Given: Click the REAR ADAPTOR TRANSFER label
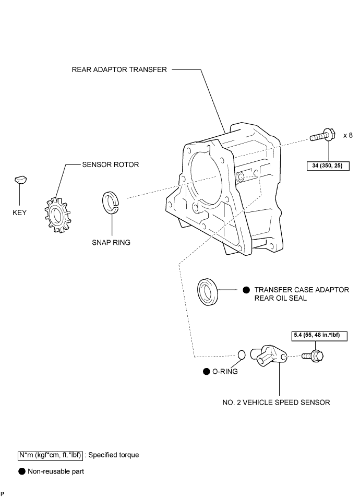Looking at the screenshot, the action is (x=119, y=69).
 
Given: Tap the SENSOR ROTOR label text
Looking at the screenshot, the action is (x=111, y=164).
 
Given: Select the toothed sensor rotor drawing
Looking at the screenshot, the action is (x=57, y=215).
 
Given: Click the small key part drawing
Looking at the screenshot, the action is (x=20, y=180).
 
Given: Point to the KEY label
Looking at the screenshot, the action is (x=19, y=212).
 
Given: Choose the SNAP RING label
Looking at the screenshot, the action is (x=111, y=242).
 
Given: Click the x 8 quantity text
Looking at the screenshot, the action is (x=348, y=135).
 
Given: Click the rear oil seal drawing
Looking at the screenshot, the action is (x=208, y=292).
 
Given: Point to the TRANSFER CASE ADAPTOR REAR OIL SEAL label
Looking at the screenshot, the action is (x=302, y=294).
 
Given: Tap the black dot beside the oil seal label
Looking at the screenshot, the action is (x=246, y=290).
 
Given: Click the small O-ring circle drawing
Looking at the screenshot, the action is (x=242, y=355).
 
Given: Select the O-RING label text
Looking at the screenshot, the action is (x=225, y=372).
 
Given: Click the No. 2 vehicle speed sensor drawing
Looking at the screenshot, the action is (x=268, y=356).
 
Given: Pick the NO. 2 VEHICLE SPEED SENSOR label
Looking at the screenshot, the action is (x=276, y=403).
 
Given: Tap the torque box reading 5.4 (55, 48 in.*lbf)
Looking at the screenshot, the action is (x=319, y=336).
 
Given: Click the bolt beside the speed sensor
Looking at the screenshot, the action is (x=313, y=356).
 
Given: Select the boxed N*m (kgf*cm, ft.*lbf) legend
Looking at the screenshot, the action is (x=50, y=455).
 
